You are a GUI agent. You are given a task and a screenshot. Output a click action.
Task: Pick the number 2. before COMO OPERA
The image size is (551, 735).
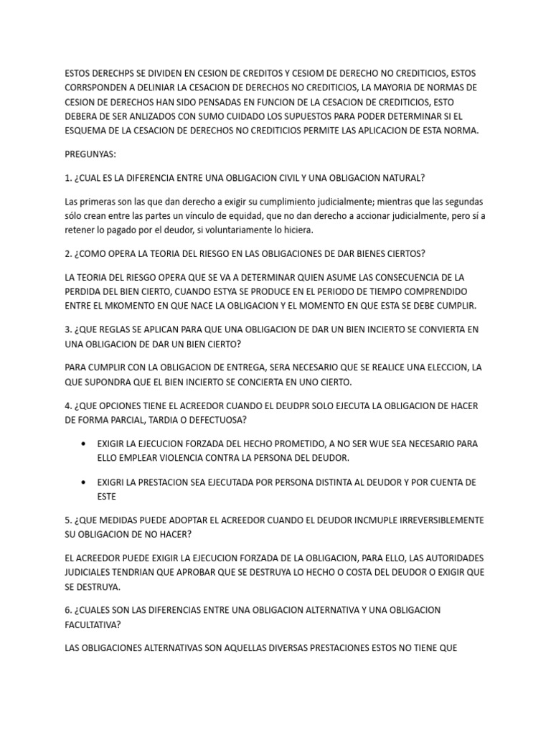click(x=68, y=253)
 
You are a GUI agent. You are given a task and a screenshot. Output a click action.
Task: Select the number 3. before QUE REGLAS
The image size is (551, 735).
click(x=68, y=330)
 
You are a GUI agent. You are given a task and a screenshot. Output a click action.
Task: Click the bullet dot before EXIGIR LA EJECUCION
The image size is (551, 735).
click(x=86, y=444)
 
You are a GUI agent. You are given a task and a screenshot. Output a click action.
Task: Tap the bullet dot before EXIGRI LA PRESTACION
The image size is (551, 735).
click(x=86, y=482)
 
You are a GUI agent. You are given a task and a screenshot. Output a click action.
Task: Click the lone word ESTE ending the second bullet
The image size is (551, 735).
click(x=106, y=496)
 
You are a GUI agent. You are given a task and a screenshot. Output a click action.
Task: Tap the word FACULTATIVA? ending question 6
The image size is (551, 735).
click(x=93, y=624)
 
